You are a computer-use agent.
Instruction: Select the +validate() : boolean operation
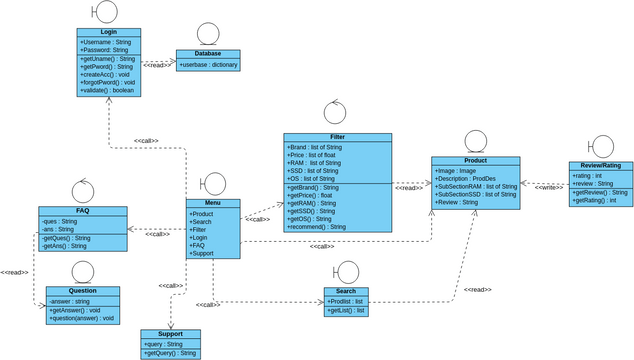pyautogui.click(x=107, y=90)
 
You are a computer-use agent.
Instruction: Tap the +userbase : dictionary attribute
pyautogui.click(x=209, y=64)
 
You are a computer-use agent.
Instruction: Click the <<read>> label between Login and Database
pyautogui.click(x=158, y=63)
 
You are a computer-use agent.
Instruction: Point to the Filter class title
pyautogui.click(x=337, y=136)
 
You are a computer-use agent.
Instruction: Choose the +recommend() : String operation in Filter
pyautogui.click(x=316, y=227)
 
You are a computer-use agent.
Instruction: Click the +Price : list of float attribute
pyautogui.click(x=314, y=155)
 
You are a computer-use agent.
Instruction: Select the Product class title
pyautogui.click(x=476, y=160)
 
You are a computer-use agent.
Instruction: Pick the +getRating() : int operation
pyautogui.click(x=594, y=200)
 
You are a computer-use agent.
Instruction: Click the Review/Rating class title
pyautogui.click(x=600, y=166)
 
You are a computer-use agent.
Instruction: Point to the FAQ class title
pyautogui.click(x=82, y=211)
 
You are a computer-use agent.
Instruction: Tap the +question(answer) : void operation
pyautogui.click(x=81, y=318)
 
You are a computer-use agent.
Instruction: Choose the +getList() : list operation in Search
pyautogui.click(x=347, y=311)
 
